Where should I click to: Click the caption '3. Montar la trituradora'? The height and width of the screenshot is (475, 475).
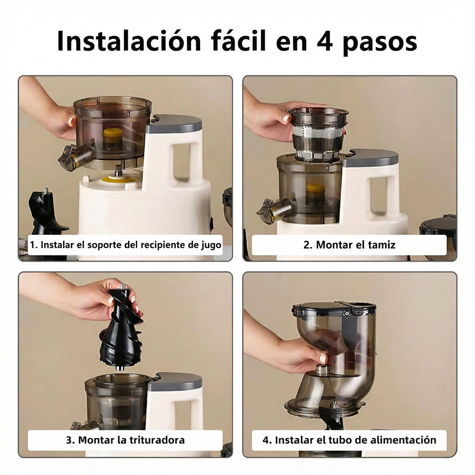(125, 440)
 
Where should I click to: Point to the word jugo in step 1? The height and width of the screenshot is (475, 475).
(209, 245)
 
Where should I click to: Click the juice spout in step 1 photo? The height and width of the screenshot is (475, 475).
(76, 157)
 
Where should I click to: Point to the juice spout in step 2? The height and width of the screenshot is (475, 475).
(275, 210)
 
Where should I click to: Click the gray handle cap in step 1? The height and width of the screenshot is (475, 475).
(175, 124)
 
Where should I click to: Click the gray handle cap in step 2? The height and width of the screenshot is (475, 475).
(371, 158)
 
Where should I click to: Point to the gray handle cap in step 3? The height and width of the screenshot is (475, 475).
(176, 381)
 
